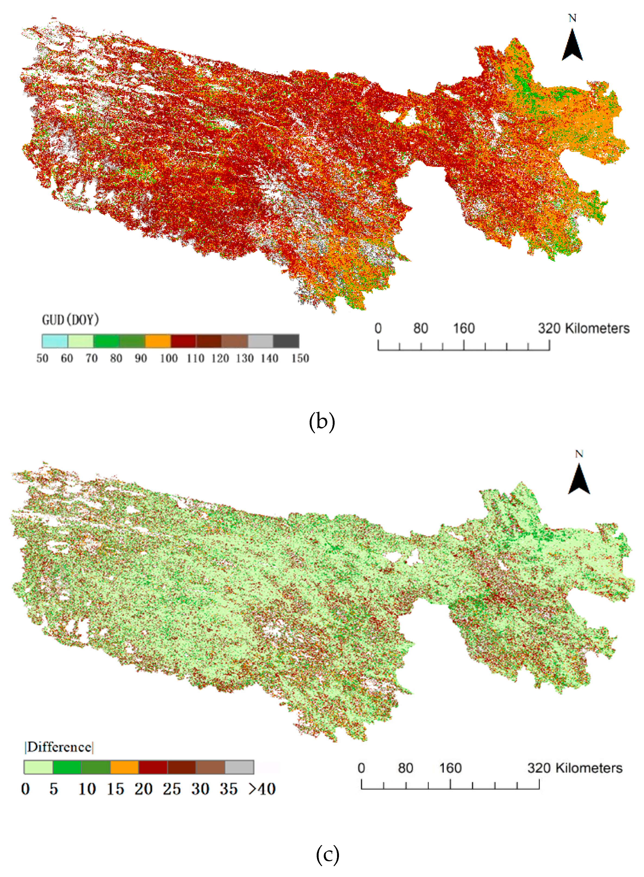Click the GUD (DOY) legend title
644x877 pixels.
pyautogui.click(x=70, y=320)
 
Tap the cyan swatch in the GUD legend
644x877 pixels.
pyautogui.click(x=55, y=341)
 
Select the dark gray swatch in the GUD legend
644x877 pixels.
pyautogui.click(x=286, y=341)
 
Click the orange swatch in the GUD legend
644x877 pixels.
pyautogui.click(x=158, y=341)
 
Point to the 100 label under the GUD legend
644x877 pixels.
pyautogui.click(x=169, y=358)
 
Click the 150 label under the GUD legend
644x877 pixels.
pyautogui.click(x=300, y=358)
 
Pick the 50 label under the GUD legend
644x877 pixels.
pyautogui.click(x=42, y=358)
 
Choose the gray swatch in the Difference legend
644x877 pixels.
pyautogui.click(x=239, y=767)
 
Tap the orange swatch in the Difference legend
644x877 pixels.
pyautogui.click(x=124, y=767)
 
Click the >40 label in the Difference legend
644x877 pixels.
pyautogui.click(x=262, y=789)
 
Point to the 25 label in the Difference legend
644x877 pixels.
pyautogui.click(x=172, y=789)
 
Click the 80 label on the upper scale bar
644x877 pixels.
pyautogui.click(x=421, y=329)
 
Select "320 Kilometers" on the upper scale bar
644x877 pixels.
pyautogui.click(x=584, y=329)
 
